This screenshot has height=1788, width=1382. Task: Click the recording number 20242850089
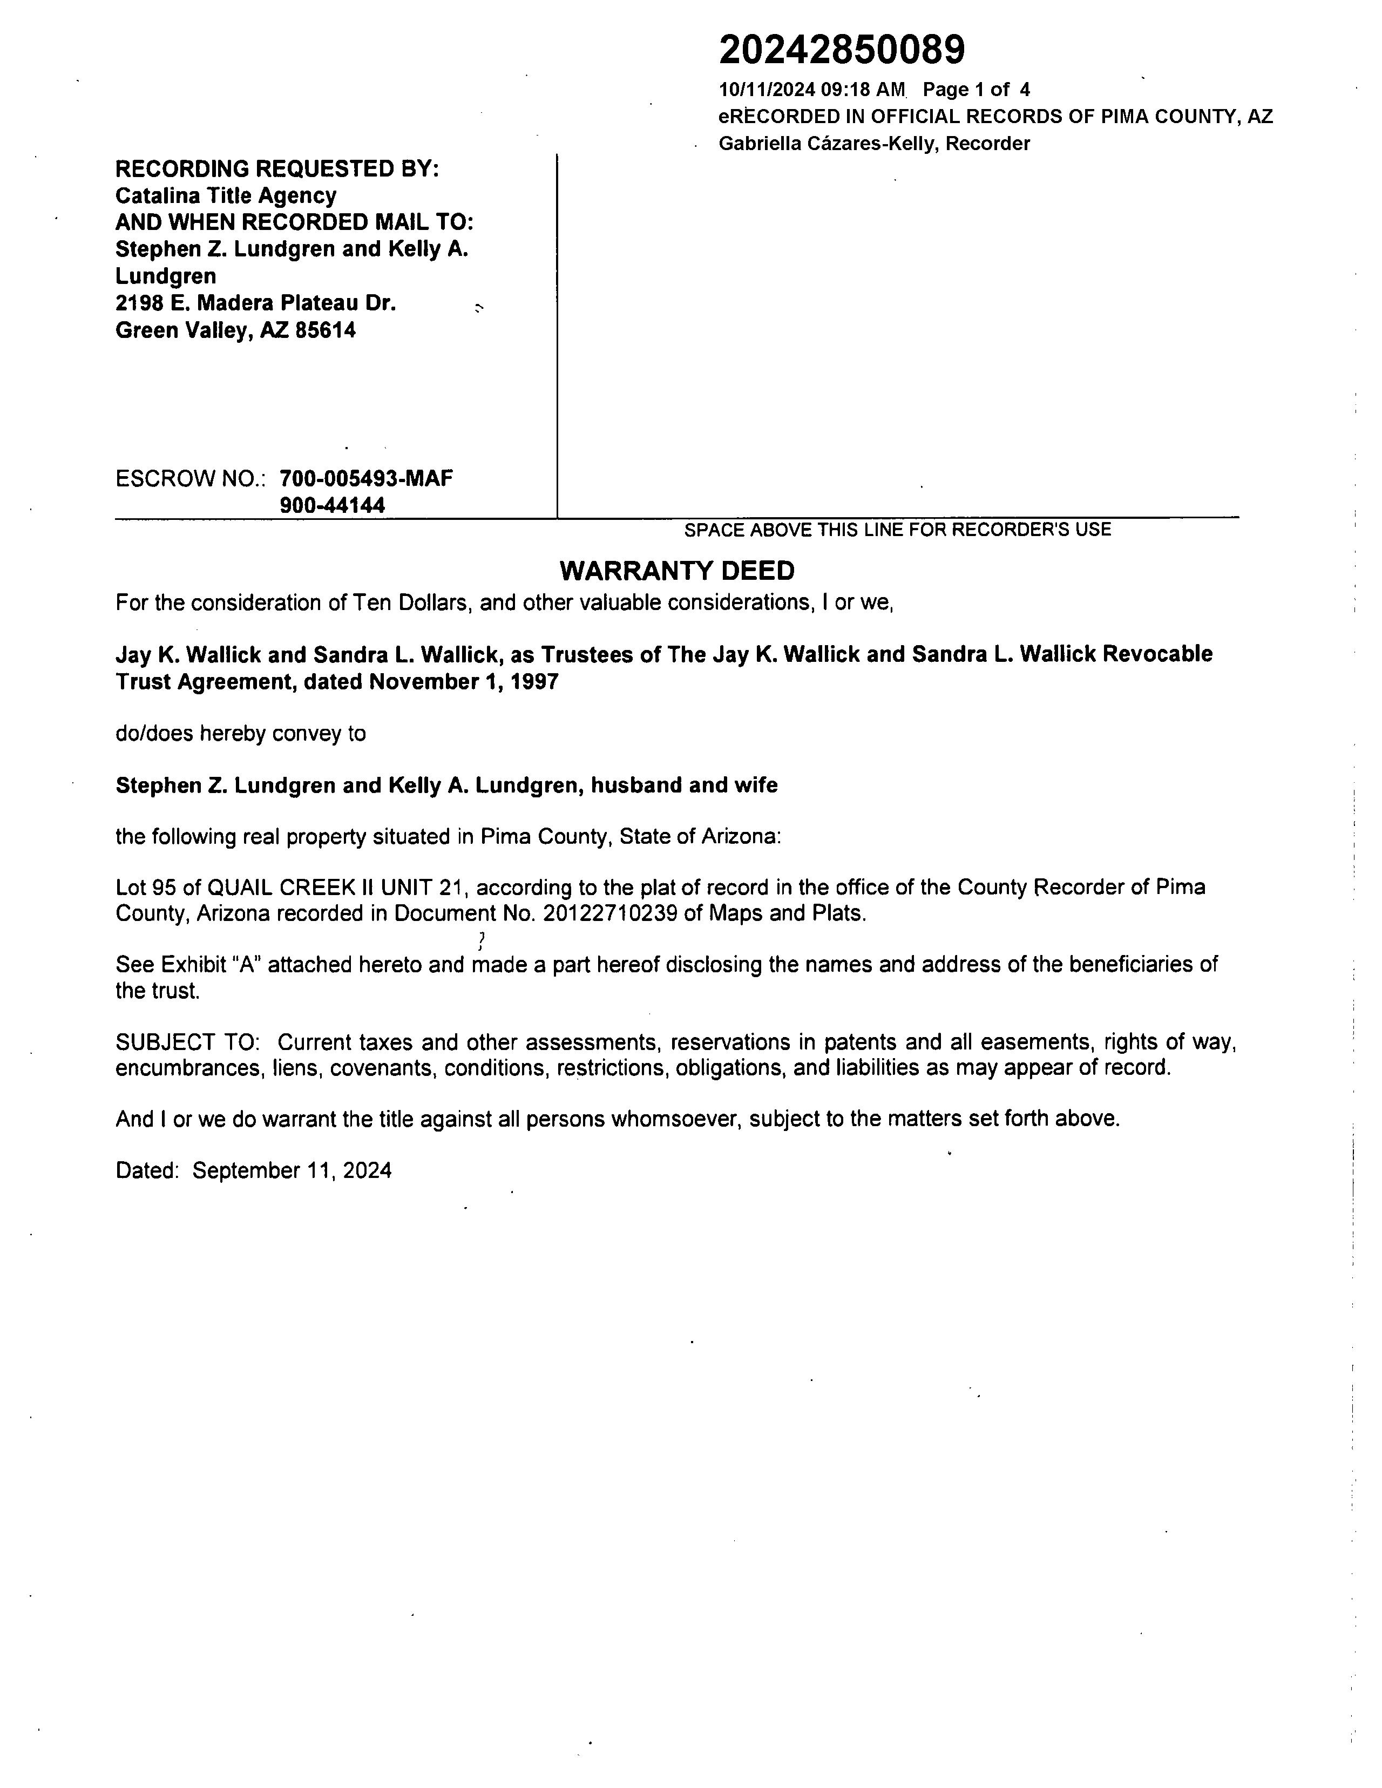[842, 51]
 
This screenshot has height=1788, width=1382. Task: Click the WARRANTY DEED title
[676, 571]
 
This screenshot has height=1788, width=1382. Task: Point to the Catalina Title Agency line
[226, 195]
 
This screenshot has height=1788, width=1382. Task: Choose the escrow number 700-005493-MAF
[366, 478]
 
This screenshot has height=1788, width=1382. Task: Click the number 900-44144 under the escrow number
[333, 505]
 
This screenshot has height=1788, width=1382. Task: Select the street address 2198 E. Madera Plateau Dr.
[255, 304]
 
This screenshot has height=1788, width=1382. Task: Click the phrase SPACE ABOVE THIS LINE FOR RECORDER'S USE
[897, 530]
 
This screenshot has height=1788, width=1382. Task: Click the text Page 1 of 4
[976, 90]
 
